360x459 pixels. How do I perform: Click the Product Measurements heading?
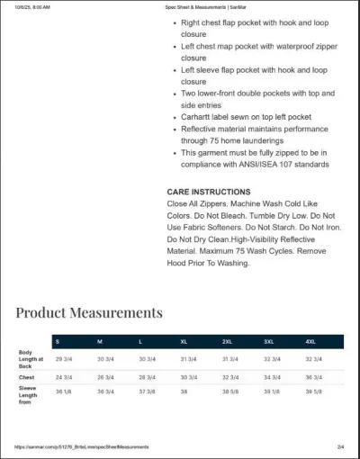[89, 312]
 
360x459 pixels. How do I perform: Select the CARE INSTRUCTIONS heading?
[209, 192]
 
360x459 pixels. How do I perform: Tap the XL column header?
[184, 342]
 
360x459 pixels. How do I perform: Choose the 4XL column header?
[310, 342]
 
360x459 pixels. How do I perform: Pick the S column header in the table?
[58, 342]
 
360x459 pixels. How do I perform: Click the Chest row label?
[27, 377]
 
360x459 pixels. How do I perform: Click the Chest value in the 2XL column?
[229, 377]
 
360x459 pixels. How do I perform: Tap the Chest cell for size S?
[64, 377]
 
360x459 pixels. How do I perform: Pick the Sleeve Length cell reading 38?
[184, 391]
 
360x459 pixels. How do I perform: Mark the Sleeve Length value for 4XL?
[314, 391]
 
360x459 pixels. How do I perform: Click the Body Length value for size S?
[64, 359]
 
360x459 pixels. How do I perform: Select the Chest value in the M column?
[105, 377]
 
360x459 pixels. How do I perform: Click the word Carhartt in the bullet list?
[198, 117]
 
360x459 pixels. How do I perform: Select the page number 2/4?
[340, 446]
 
